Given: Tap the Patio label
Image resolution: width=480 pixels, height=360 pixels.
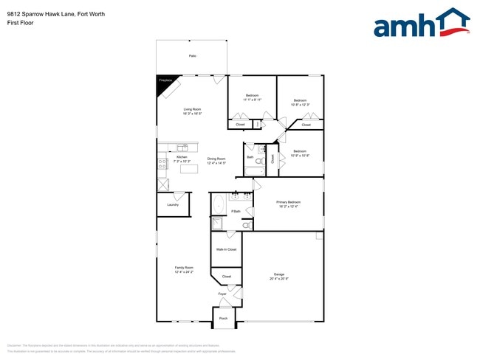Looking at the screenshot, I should click(x=192, y=56).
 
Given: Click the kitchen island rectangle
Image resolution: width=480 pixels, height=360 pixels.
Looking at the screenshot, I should click(x=189, y=169).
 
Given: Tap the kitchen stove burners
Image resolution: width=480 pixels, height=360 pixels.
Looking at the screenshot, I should click(x=161, y=165).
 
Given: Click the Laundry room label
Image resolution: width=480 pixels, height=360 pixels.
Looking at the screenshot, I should click(x=173, y=205).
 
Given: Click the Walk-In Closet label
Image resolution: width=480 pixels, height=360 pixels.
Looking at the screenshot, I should click(x=226, y=249).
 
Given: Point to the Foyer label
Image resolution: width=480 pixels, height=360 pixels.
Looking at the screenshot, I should click(x=222, y=294).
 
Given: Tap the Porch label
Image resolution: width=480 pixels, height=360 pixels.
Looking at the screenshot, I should click(x=223, y=318).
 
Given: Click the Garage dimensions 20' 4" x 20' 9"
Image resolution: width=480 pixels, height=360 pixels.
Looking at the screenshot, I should click(x=279, y=278).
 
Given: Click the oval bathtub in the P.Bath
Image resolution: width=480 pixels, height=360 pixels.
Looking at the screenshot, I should click(x=218, y=204).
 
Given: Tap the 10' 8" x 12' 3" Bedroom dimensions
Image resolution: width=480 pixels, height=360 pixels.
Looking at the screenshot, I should click(x=300, y=105).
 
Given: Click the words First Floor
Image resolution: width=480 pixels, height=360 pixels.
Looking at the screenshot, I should click(x=19, y=23).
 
